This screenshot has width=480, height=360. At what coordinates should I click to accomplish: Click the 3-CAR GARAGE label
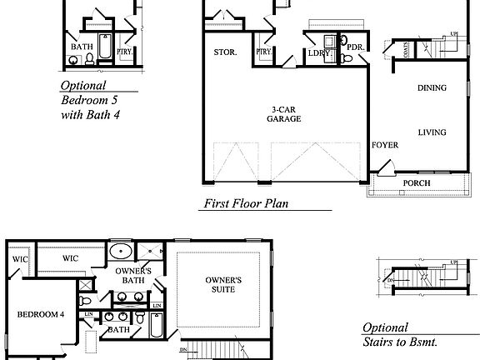(x=284, y=114)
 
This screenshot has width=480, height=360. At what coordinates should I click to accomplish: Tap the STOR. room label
(x=225, y=52)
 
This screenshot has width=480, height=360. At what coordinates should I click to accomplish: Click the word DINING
(x=432, y=87)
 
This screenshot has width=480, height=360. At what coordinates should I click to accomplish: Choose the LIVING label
(x=432, y=132)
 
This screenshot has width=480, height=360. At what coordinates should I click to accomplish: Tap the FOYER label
(x=385, y=145)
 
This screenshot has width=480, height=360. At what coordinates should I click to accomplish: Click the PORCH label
(x=417, y=183)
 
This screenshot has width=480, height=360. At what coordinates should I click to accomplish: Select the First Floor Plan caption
(x=246, y=202)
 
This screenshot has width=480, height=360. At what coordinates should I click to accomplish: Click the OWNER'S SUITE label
(x=223, y=285)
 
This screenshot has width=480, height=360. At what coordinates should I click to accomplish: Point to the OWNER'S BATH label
(x=133, y=276)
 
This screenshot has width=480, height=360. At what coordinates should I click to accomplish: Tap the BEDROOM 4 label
(x=41, y=314)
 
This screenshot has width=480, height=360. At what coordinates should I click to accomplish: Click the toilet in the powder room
(x=343, y=41)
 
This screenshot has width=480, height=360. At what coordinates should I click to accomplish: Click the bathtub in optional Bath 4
(x=105, y=48)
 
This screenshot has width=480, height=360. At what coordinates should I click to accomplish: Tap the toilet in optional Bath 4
(x=72, y=58)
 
